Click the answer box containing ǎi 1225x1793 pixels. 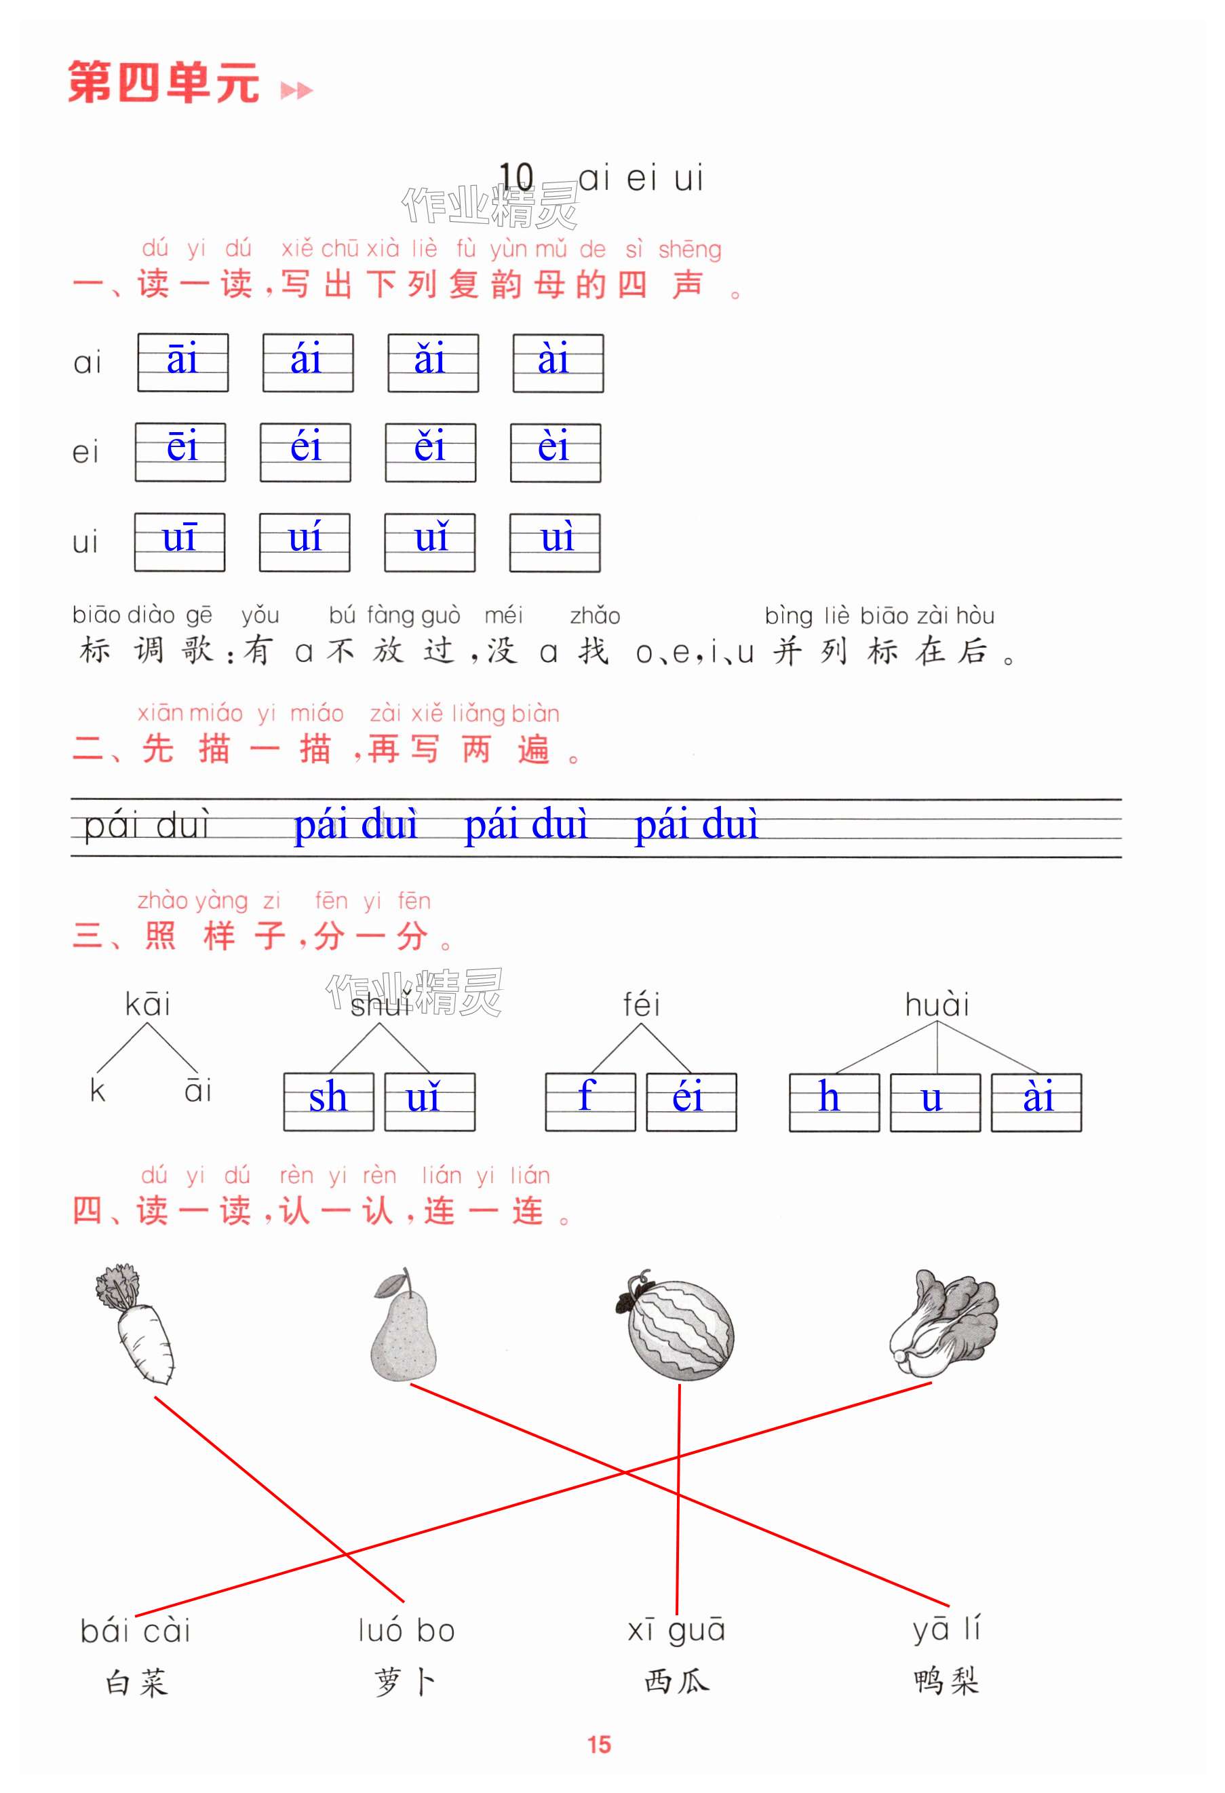433,363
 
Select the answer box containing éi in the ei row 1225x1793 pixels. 305,452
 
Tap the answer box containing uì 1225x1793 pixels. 555,542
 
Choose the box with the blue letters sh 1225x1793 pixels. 328,1102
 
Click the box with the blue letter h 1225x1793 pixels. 834,1102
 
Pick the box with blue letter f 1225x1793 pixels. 590,1102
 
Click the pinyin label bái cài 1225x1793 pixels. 136,1631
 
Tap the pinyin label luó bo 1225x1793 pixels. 406,1630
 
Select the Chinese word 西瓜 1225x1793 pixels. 676,1681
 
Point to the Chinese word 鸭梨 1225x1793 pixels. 946,1681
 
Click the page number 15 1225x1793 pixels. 600,1744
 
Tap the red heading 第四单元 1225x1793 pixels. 163,83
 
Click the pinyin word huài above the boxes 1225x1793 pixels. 937,1005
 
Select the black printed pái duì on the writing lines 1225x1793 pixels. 147,826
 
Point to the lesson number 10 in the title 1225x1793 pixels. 516,178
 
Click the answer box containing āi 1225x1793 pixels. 183,363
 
